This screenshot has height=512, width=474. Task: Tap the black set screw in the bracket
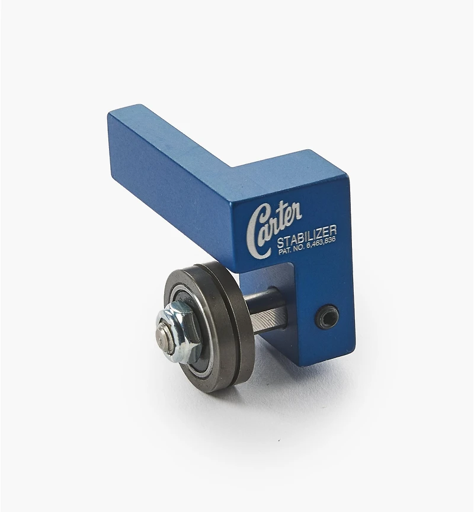(x=328, y=315)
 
